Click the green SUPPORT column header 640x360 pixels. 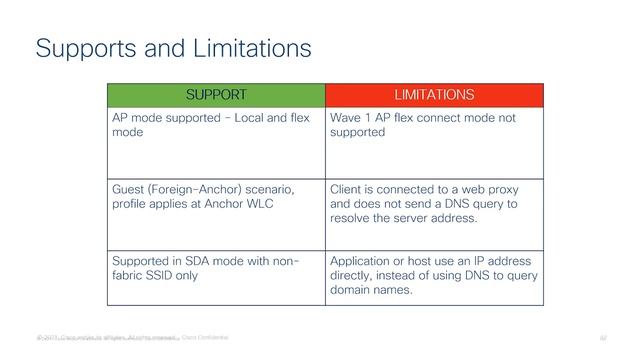(215, 95)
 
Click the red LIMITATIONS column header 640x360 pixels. (434, 95)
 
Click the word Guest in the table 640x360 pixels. (133, 188)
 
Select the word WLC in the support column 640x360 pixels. (278, 204)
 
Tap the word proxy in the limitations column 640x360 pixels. (509, 188)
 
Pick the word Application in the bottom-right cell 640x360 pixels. (366, 260)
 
